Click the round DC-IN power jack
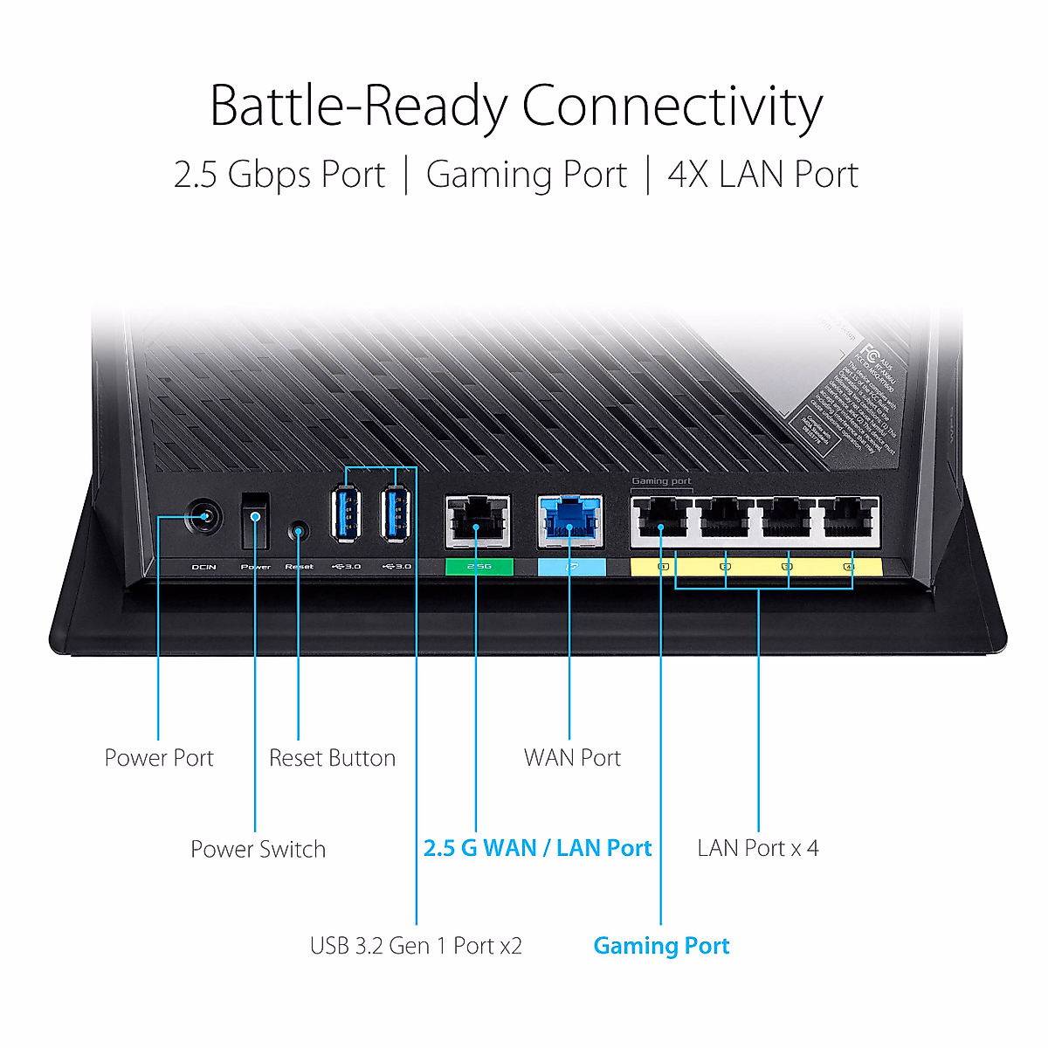(204, 518)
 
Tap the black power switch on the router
(255, 520)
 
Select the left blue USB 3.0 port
(346, 514)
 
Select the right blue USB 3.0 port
(396, 514)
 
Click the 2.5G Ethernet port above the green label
(478, 521)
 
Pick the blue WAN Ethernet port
(569, 521)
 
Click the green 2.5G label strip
(479, 567)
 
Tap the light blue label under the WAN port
(571, 567)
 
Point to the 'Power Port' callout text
(159, 758)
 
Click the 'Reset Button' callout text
(332, 758)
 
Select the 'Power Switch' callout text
(258, 849)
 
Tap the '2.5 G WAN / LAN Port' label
(537, 848)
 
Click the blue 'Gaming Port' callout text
(661, 946)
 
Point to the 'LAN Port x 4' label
(758, 848)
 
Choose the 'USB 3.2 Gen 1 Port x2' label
(416, 946)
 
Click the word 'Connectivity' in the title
(672, 107)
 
